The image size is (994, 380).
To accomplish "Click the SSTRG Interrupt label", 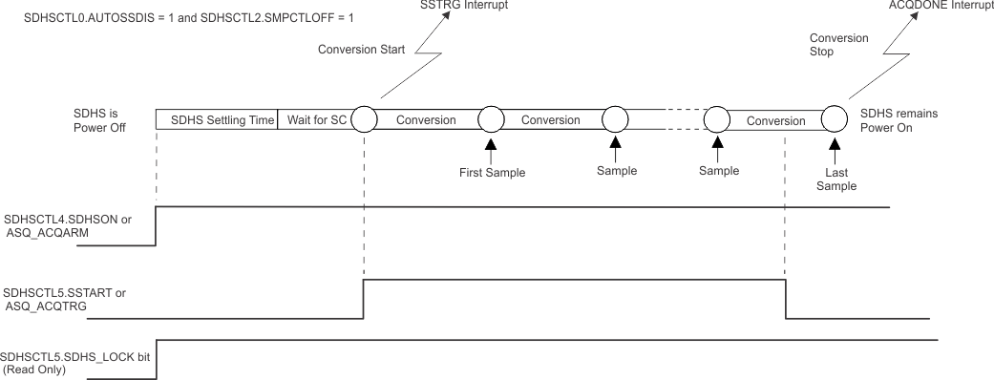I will tap(464, 5).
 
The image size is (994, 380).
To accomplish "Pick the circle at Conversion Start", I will tap(364, 119).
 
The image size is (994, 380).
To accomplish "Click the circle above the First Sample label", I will tap(490, 119).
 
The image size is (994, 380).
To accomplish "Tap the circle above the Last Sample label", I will tap(835, 119).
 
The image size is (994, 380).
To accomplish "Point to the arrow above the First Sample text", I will tap(490, 148).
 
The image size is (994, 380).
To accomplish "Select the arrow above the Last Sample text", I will tap(835, 148).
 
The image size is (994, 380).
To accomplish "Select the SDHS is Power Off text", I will tap(99, 120).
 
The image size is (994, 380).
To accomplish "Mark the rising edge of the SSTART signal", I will tap(364, 298).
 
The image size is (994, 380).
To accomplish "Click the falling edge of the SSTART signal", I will tap(785, 298).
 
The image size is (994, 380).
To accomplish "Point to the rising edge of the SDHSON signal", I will tap(156, 225).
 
